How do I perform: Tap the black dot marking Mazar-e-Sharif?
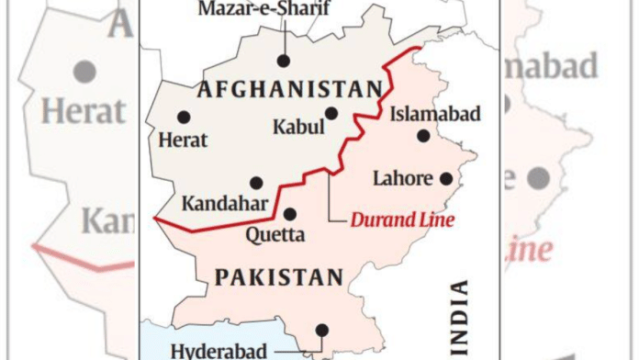click(284, 61)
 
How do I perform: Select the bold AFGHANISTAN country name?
click(289, 89)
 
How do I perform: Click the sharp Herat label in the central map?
click(183, 141)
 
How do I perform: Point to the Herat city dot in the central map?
click(184, 118)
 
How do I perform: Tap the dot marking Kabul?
click(331, 114)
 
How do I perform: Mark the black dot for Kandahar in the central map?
click(256, 183)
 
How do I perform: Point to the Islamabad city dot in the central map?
click(423, 136)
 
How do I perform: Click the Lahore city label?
click(402, 178)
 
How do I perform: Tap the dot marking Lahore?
click(446, 179)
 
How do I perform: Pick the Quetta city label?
click(275, 234)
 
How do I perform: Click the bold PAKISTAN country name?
click(277, 276)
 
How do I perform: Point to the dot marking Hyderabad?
click(321, 330)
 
